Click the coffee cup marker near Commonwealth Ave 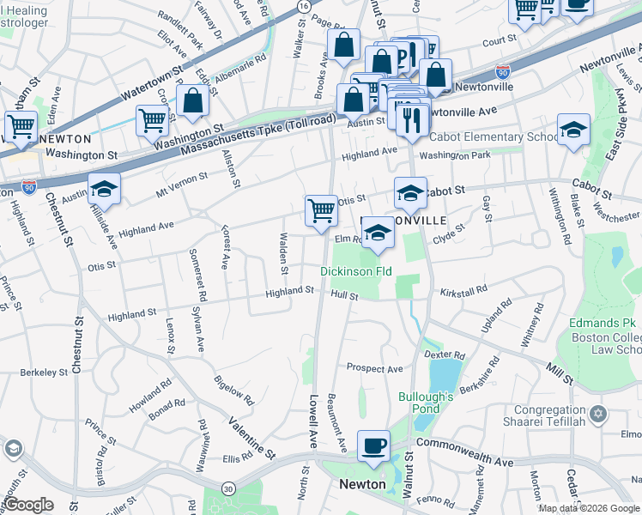point(372,446)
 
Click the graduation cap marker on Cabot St point(410,193)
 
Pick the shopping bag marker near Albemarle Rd point(193,101)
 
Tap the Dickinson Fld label point(356,271)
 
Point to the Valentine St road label point(251,438)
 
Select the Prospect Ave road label point(374,368)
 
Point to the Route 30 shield point(227,488)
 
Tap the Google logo point(28,505)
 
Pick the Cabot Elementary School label point(494,137)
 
